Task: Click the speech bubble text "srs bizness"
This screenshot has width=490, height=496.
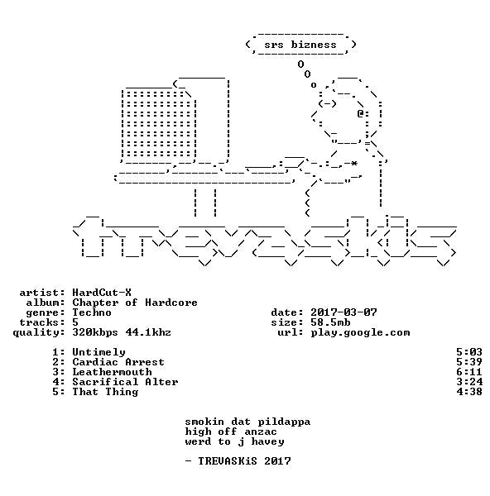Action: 300,45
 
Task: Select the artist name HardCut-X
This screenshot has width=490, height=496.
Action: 102,293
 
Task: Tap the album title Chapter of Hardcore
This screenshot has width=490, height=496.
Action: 135,303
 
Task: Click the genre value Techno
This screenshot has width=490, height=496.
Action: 92,312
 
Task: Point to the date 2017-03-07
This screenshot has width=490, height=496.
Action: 343,312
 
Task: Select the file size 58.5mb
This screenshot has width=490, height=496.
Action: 330,322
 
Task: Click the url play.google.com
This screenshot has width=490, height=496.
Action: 360,333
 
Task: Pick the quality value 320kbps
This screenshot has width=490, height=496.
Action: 95,332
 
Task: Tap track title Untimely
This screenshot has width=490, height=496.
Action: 98,352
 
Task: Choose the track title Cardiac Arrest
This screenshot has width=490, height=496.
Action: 118,362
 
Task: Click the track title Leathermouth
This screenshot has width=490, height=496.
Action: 112,372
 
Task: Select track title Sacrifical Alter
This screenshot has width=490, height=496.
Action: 125,382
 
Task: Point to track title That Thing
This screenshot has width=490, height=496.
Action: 105,392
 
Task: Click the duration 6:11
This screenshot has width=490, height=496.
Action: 469,372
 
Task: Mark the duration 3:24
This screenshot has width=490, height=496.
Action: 469,382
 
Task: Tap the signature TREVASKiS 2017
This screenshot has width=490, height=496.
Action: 244,461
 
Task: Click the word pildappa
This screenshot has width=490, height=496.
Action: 284,422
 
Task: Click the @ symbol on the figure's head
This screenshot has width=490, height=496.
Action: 360,113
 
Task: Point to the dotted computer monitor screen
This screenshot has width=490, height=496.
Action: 159,124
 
